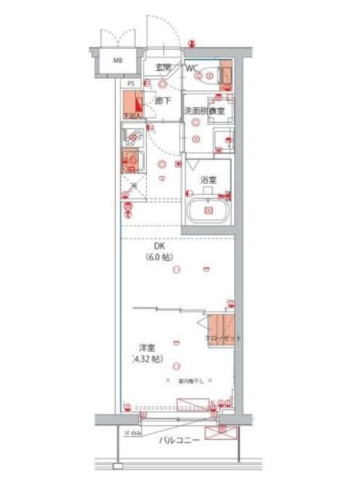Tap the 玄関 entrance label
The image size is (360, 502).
click(x=163, y=68)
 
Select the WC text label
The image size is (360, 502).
click(x=192, y=68)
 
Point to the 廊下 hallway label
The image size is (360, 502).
click(x=163, y=100)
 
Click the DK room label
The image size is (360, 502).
click(x=159, y=247)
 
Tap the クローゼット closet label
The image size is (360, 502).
click(x=223, y=338)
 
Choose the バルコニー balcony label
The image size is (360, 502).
click(x=180, y=441)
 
